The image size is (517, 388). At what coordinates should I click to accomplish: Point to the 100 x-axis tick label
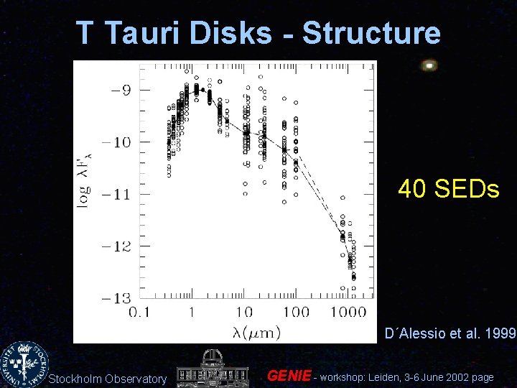click(295, 312)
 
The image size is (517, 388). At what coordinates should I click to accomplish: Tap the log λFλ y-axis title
click(85, 183)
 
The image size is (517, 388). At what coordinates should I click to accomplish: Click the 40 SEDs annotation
click(448, 189)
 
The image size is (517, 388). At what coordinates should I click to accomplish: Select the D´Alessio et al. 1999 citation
click(450, 333)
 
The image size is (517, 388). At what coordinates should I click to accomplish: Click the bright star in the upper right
click(429, 65)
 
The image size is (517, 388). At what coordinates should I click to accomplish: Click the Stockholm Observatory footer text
click(108, 379)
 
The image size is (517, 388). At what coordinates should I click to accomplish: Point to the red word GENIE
click(289, 376)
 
